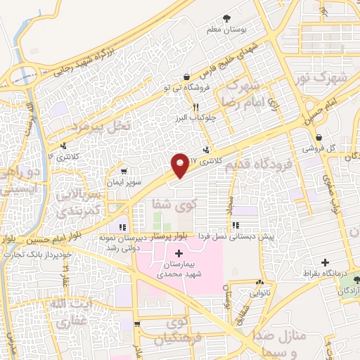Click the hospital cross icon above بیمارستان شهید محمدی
point(178,253)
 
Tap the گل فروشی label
point(319,149)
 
